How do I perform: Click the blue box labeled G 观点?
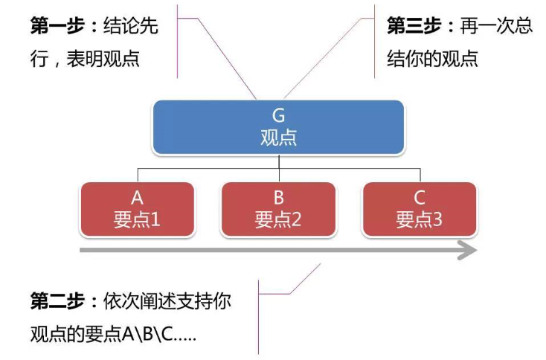(x=278, y=127)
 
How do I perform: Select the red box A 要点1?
(x=137, y=209)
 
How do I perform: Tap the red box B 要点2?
(x=278, y=209)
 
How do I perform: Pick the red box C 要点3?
(x=420, y=209)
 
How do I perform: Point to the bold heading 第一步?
(x=57, y=25)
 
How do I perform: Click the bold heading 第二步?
(x=57, y=301)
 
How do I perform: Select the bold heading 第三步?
(x=414, y=25)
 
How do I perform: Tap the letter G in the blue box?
(x=278, y=115)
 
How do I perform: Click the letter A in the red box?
(x=137, y=198)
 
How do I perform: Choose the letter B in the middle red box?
(x=278, y=198)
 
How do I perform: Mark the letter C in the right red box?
(x=420, y=198)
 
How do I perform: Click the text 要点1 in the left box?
(x=137, y=219)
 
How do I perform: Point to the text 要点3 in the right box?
(x=420, y=219)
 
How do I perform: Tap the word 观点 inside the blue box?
(x=278, y=138)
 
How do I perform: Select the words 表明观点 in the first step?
(x=103, y=58)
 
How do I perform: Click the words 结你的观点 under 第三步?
(x=432, y=58)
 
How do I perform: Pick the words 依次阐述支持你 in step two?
(x=167, y=301)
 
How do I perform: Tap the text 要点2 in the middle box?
(x=278, y=219)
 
